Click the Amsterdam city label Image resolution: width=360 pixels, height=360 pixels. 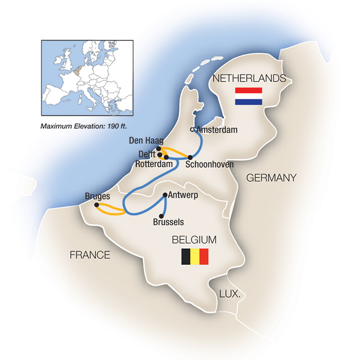tap(218, 130)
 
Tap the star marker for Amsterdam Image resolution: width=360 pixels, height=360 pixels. tap(193, 130)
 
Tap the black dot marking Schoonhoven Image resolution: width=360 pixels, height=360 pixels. tap(190, 157)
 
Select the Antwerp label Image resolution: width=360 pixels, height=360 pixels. tap(183, 195)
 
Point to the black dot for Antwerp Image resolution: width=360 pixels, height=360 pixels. tap(164, 195)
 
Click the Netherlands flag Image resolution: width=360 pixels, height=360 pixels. tap(248, 96)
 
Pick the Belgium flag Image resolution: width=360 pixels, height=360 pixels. tap(194, 257)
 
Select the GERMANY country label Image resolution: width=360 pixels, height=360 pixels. tap(271, 178)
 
